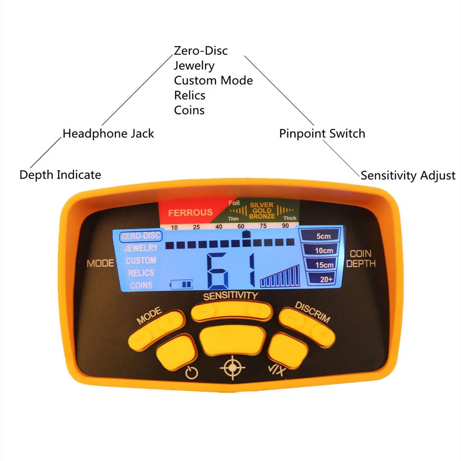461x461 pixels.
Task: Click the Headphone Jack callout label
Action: [108, 134]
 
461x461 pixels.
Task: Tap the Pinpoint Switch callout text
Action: [322, 134]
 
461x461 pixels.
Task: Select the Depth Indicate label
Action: [60, 175]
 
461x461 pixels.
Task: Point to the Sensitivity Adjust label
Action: [408, 175]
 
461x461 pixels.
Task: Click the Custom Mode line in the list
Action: [213, 80]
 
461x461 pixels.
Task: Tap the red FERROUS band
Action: [190, 213]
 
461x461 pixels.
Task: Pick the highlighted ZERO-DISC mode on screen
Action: [141, 236]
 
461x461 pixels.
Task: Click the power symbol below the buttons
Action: [191, 372]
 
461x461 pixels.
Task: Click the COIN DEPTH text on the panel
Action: [361, 259]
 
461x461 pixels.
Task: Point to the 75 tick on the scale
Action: [263, 227]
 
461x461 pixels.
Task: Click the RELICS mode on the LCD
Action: [141, 273]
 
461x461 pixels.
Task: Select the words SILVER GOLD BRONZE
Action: [262, 210]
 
